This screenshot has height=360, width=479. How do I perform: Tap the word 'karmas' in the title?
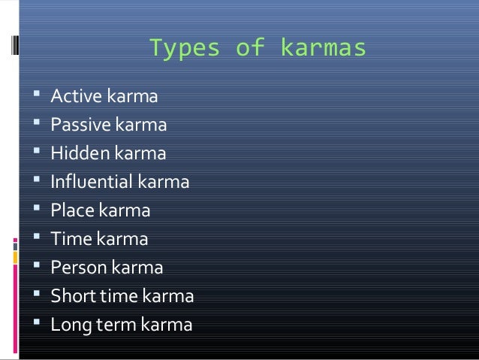[323, 49]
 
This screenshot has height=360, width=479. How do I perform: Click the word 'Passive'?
[80, 125]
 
